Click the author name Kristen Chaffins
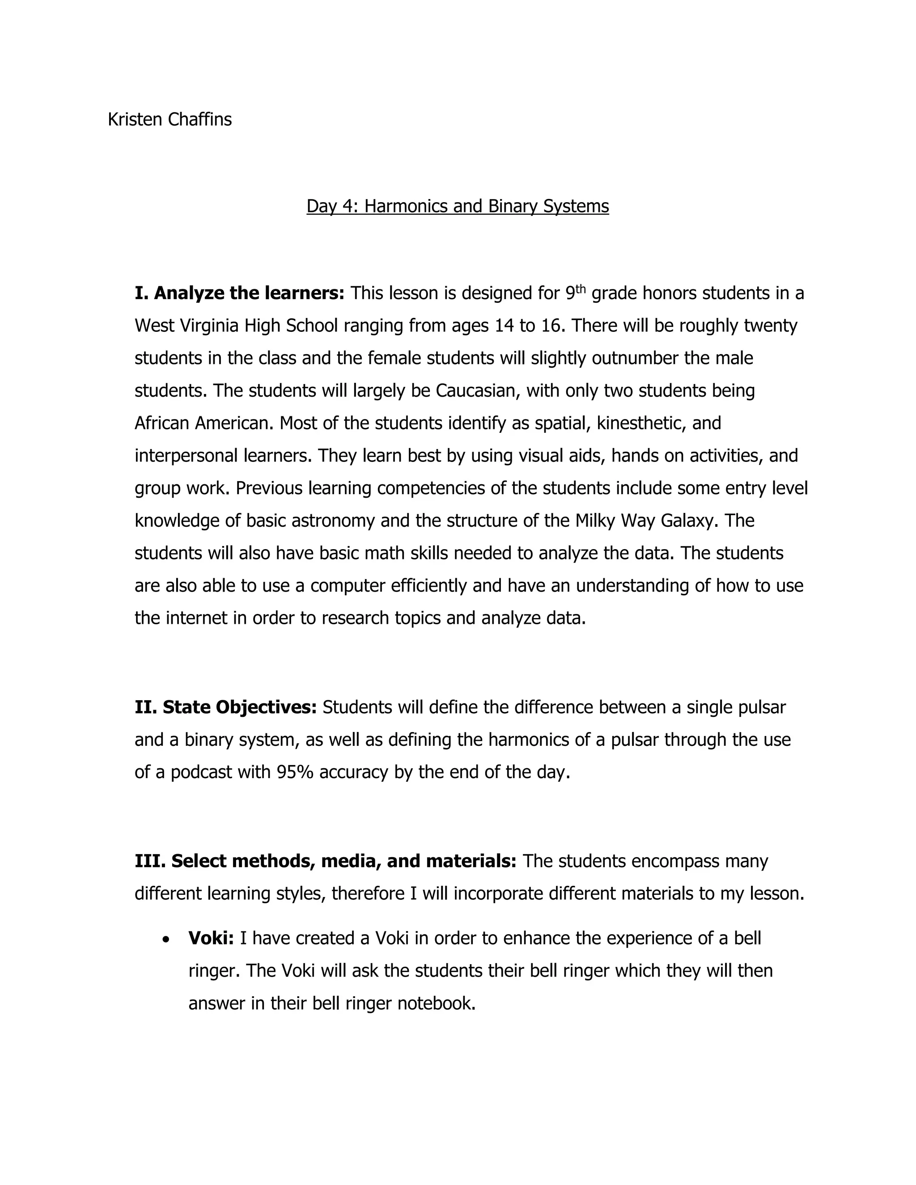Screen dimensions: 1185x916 click(x=170, y=119)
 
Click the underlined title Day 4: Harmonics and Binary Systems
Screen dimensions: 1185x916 click(x=458, y=206)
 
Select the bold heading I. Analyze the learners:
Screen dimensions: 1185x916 click(x=239, y=293)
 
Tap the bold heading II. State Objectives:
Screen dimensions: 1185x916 click(x=225, y=707)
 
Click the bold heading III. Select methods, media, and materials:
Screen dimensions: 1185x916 click(x=325, y=861)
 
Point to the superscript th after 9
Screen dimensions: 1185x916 click(x=581, y=288)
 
